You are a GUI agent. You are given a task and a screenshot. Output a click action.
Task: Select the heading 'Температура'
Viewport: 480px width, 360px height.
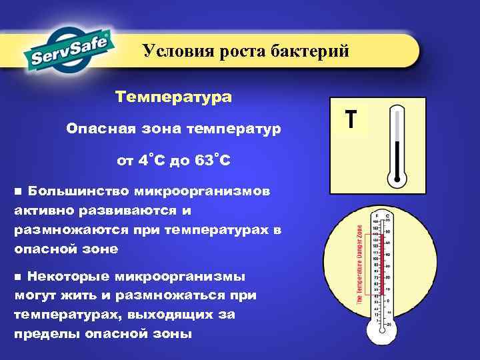click(173, 97)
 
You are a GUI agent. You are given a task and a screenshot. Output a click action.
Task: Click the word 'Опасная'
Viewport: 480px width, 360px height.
click(96, 127)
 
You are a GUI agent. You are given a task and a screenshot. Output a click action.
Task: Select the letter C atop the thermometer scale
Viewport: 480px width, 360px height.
click(387, 215)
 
